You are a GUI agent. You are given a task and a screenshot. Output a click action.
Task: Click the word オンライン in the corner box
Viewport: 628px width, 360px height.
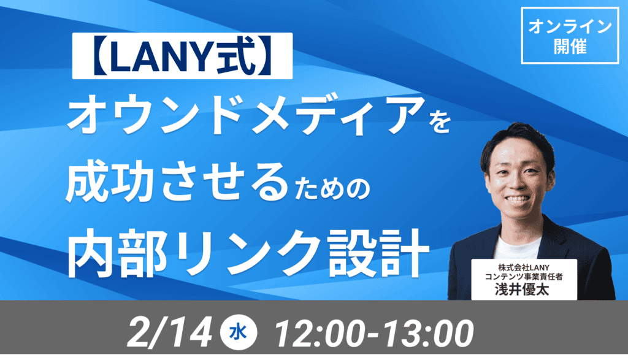[x=570, y=27]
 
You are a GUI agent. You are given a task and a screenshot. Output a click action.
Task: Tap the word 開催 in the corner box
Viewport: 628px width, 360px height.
[x=570, y=47]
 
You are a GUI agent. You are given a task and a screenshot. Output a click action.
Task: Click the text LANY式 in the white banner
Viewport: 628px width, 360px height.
[x=183, y=56]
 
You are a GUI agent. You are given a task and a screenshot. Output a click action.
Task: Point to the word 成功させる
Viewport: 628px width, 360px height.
[x=177, y=182]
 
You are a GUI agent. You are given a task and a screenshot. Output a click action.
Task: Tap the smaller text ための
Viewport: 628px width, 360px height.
[x=331, y=189]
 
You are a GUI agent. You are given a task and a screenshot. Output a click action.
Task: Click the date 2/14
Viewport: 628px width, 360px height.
[x=170, y=333]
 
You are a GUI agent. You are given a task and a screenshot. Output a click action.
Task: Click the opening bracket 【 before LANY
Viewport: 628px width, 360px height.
[x=100, y=56]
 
